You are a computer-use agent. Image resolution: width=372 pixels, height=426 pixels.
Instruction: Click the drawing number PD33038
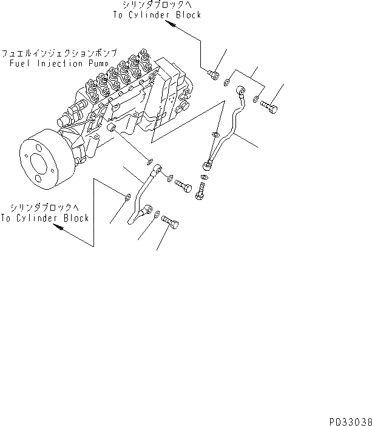(x=347, y=419)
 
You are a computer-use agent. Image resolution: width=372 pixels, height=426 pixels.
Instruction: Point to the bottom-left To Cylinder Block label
(x=45, y=218)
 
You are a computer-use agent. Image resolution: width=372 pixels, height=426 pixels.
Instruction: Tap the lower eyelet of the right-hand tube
(x=210, y=162)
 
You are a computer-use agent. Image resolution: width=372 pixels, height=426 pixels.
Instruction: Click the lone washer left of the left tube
(x=126, y=197)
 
